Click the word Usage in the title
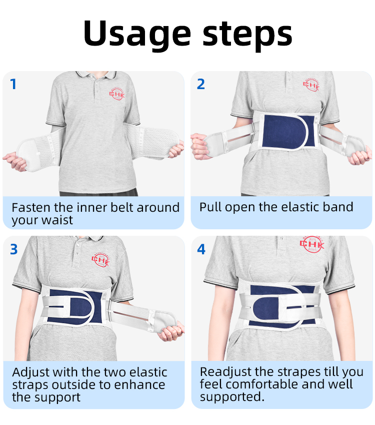click(137, 34)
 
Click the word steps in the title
click(247, 35)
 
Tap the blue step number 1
click(13, 84)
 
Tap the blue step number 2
click(201, 84)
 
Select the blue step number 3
click(14, 249)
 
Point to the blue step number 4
click(201, 249)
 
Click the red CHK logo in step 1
click(117, 94)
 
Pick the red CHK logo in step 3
click(100, 260)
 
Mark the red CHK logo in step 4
click(312, 244)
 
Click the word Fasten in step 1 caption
click(31, 208)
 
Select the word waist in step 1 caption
click(57, 220)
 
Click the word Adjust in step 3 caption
click(31, 372)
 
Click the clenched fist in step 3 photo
click(171, 332)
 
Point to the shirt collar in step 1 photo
click(96, 75)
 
